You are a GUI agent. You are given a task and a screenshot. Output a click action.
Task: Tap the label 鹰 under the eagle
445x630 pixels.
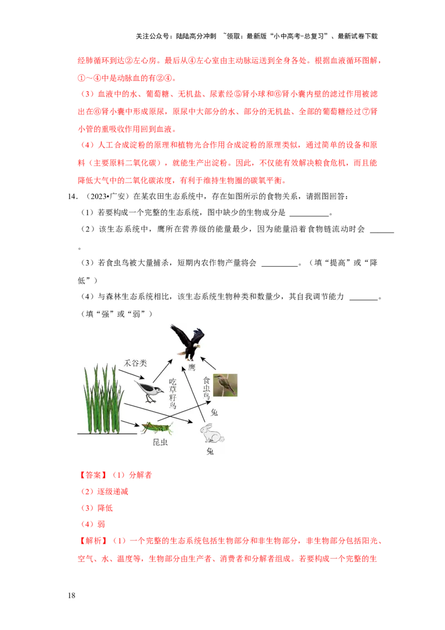(x=192, y=367)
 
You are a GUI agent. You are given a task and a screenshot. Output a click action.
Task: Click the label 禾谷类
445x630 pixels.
(x=135, y=363)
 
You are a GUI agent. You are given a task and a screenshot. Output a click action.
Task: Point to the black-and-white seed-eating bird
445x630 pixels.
(x=149, y=391)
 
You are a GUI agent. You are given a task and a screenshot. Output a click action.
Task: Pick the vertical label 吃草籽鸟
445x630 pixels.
(x=172, y=393)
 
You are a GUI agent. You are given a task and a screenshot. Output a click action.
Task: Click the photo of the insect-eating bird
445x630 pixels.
(x=225, y=385)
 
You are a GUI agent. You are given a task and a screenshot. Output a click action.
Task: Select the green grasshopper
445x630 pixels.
(x=156, y=427)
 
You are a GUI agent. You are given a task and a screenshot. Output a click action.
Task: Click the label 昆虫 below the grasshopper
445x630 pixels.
(x=160, y=443)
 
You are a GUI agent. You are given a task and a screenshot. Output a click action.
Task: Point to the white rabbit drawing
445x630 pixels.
(x=212, y=434)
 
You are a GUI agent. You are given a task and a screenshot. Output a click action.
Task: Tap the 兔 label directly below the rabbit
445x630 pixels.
(x=210, y=451)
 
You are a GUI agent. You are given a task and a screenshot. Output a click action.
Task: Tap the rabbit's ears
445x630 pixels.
(x=206, y=426)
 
